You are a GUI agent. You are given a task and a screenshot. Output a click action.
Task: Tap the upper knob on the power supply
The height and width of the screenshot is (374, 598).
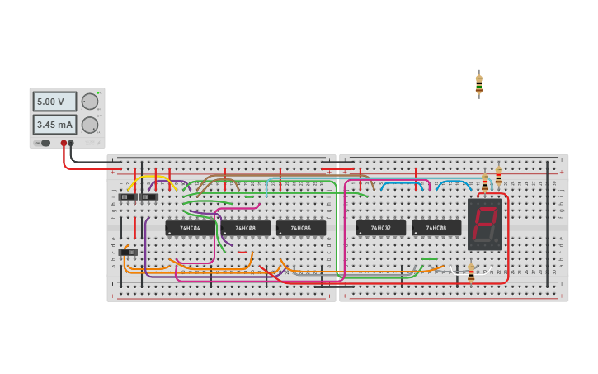[89, 102]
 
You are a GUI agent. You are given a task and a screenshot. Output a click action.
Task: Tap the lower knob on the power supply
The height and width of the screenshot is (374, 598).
[89, 125]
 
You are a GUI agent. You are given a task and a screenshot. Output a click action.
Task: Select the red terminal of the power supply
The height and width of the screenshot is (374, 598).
[64, 143]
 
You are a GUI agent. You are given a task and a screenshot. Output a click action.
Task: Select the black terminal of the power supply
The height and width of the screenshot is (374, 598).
[71, 143]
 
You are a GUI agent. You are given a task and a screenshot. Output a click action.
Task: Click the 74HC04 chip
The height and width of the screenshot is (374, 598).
[190, 228]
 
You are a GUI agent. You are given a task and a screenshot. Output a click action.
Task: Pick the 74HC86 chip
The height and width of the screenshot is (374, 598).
[300, 228]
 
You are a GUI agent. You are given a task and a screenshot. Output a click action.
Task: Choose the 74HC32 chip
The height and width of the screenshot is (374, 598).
[380, 228]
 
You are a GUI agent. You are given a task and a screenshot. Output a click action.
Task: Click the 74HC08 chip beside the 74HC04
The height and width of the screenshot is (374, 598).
[245, 228]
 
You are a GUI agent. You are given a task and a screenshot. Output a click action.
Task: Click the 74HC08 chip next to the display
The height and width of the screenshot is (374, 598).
[436, 228]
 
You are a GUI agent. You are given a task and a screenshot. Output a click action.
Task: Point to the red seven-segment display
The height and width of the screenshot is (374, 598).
[485, 224]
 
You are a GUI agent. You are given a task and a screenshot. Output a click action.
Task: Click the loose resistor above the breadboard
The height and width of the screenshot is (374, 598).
[478, 85]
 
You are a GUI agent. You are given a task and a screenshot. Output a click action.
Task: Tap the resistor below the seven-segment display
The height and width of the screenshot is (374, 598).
[471, 272]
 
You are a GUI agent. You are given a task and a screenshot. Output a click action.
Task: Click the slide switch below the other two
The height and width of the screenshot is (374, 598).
[128, 252]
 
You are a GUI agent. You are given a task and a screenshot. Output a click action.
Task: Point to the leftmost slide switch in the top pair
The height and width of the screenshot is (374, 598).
[127, 196]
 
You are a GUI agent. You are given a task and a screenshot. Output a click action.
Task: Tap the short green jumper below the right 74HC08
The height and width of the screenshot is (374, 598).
[429, 259]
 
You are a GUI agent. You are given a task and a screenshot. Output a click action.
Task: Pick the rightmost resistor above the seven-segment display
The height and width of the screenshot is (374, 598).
[498, 176]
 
